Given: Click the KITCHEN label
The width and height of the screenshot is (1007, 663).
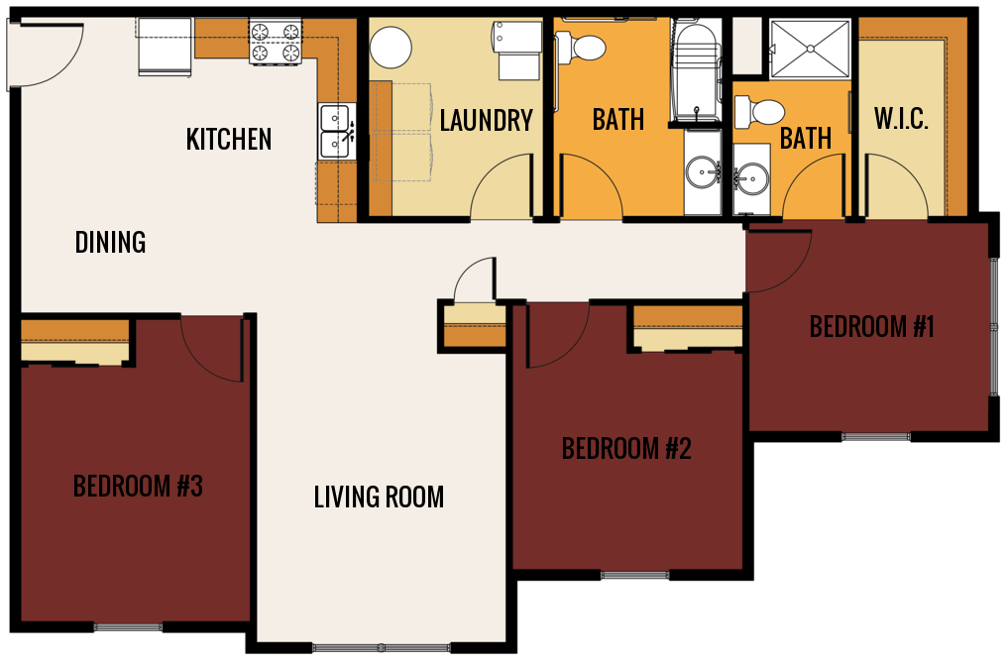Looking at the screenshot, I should (x=229, y=140).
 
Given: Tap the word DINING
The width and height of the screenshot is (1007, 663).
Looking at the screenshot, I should (x=110, y=242).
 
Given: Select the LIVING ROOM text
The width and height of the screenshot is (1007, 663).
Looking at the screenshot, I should (x=379, y=497).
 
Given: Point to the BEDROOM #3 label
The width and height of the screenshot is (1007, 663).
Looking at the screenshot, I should (x=138, y=487).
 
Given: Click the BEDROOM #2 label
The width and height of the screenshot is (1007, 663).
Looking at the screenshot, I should (x=626, y=449).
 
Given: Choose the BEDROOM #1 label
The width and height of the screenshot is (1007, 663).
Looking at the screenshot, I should (x=871, y=326).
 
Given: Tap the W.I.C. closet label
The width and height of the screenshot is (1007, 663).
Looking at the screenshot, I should (x=901, y=120).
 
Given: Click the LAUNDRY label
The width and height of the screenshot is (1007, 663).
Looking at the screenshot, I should (x=486, y=121).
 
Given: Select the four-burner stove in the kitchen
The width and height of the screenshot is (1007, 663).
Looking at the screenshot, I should (x=275, y=43).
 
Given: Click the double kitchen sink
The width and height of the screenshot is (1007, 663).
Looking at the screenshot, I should (x=335, y=131).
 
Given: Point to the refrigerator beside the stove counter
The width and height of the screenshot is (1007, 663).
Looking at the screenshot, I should (x=165, y=47).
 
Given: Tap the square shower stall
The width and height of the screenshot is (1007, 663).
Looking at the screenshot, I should (x=810, y=48).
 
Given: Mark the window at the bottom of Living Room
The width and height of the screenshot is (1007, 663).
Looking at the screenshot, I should (x=382, y=648).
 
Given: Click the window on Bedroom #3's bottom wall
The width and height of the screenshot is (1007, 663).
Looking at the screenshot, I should (x=128, y=626).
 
